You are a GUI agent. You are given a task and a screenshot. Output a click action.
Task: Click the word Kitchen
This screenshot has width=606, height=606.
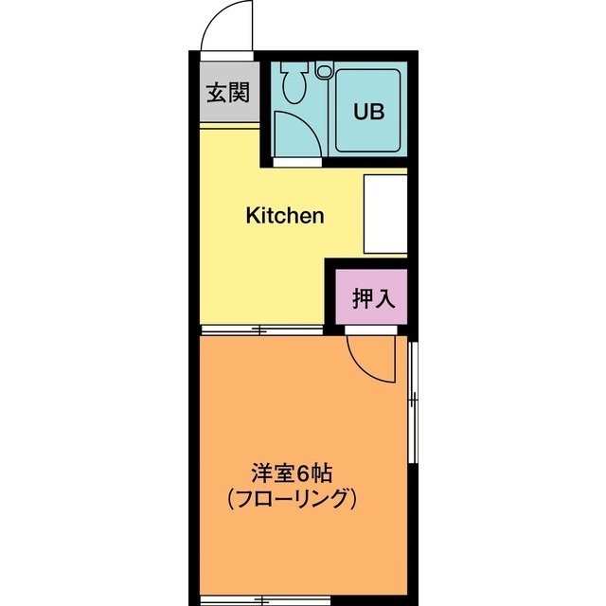[x=285, y=216]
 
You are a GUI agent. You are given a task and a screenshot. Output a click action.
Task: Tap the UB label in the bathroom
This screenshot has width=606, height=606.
[x=368, y=111]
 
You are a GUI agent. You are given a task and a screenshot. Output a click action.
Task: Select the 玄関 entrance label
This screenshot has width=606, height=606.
[x=228, y=93]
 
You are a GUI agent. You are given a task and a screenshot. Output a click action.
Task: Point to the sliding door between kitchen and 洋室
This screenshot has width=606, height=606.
[x=261, y=330]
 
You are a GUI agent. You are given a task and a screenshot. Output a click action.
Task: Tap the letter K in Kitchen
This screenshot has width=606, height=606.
[x=253, y=216]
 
